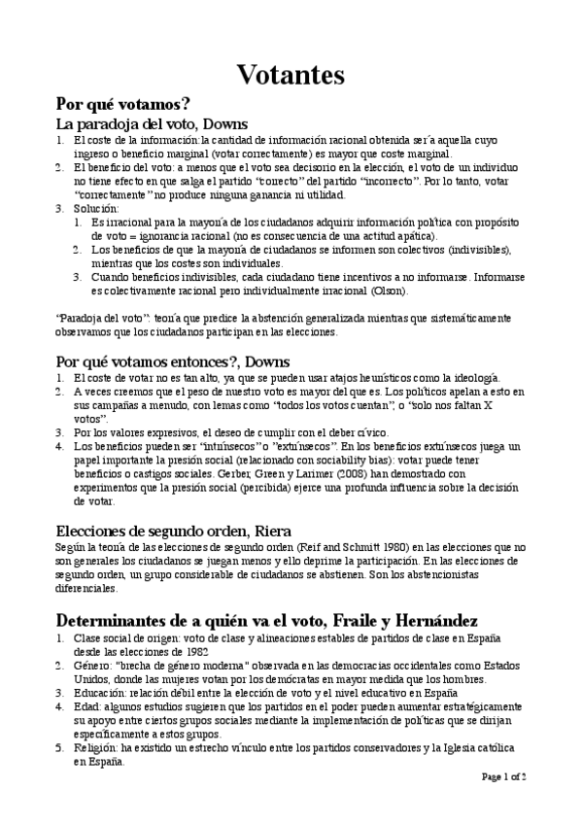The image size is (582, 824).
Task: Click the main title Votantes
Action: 291,74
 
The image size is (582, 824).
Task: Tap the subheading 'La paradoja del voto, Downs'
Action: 152,124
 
